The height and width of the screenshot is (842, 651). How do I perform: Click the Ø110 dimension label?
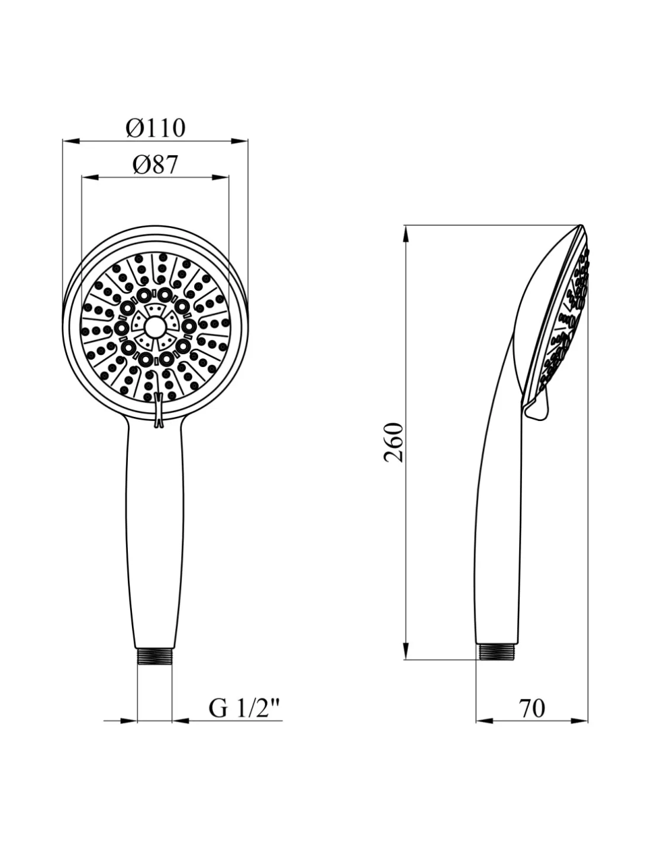pyautogui.click(x=156, y=128)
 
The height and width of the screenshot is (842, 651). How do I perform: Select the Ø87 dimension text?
pyautogui.click(x=155, y=165)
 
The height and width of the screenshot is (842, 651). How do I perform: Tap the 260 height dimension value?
pyautogui.click(x=394, y=442)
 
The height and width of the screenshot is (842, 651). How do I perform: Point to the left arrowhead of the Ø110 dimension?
pyautogui.click(x=71, y=141)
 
